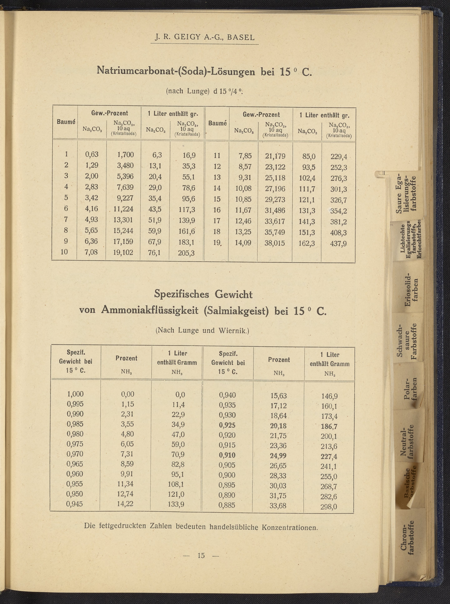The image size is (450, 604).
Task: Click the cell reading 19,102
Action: pos(123,252)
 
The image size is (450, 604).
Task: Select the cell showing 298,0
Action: pos(329,507)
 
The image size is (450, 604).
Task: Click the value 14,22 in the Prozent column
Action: pos(125,504)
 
